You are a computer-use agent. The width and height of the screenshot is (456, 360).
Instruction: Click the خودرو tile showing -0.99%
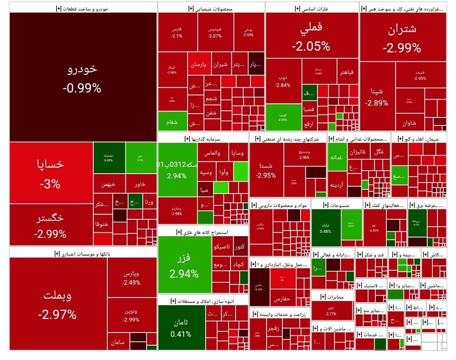[82, 77]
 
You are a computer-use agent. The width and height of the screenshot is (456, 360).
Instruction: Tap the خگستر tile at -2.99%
[51, 225]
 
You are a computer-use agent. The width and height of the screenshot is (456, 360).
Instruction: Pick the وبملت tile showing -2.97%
[57, 303]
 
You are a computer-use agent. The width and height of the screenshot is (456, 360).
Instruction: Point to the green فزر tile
[184, 264]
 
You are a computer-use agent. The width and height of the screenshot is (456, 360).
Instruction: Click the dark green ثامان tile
[182, 328]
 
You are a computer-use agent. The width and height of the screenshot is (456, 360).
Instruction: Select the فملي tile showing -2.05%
[312, 35]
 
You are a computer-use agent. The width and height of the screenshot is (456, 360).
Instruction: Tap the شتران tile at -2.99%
[402, 37]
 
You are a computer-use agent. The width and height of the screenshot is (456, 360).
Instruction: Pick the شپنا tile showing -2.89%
[377, 97]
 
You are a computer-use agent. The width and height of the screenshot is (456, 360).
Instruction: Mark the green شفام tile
[172, 122]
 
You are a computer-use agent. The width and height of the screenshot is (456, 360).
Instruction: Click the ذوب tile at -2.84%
[283, 81]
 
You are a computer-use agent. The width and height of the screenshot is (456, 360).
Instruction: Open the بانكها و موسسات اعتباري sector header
[83, 254]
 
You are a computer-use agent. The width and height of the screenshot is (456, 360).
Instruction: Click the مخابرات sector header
[332, 297]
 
